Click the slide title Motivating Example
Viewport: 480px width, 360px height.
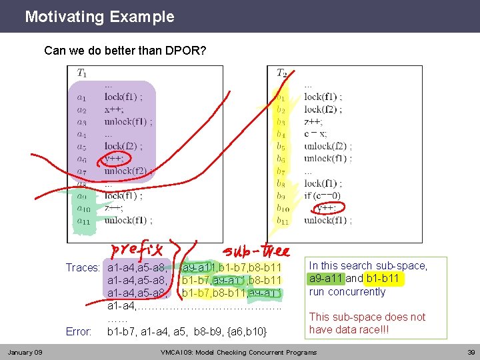(x=99, y=17)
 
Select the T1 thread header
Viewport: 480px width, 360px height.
(x=81, y=73)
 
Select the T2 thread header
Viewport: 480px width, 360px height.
(x=281, y=73)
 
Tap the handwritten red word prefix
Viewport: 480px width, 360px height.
(x=141, y=250)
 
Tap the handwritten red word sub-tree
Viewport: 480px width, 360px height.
(x=257, y=251)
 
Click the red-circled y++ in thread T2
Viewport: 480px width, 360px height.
(x=325, y=208)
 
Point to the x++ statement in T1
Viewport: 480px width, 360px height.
(x=113, y=109)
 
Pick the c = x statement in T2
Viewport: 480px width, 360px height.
(x=315, y=133)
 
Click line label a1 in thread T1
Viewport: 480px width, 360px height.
(x=81, y=97)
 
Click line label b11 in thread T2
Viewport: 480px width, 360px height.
(x=283, y=220)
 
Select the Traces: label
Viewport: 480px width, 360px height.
(x=83, y=268)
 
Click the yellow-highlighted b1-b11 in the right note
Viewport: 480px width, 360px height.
(x=382, y=279)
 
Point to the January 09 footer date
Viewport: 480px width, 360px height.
(x=25, y=351)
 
